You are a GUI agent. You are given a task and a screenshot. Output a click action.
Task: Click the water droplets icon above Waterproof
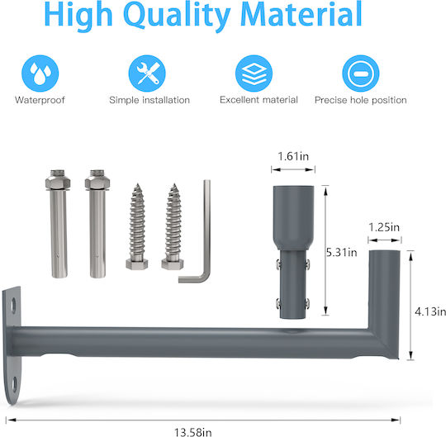pos(40,74)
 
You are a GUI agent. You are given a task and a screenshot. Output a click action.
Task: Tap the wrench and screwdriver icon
pos(147,74)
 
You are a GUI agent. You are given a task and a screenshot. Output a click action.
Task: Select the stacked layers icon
pos(254,74)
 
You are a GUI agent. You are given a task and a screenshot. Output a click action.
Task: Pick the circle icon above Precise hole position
pos(361,74)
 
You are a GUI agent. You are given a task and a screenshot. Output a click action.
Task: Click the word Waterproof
pos(40,100)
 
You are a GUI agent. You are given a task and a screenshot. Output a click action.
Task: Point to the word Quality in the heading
pos(177,15)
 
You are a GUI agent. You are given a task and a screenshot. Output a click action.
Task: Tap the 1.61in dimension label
pos(293,156)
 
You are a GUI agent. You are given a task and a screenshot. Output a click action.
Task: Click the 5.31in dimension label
pos(341,252)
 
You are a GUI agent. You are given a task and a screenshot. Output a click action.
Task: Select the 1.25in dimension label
pos(384,227)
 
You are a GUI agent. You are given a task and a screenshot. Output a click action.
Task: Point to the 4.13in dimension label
pos(430,311)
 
